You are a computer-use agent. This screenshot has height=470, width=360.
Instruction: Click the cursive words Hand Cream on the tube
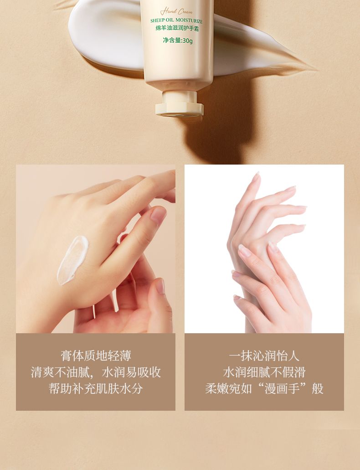[x=176, y=12]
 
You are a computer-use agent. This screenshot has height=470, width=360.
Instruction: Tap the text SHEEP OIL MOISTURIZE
[x=176, y=21]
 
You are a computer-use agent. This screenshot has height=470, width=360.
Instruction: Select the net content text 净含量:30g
[x=178, y=40]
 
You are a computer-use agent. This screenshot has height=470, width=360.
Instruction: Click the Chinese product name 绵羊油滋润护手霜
[x=177, y=29]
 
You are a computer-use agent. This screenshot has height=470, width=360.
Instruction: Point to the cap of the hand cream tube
[x=179, y=104]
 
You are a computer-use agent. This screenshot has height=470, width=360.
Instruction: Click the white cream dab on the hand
[x=73, y=260]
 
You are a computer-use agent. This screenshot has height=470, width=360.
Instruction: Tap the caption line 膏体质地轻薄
[x=96, y=356]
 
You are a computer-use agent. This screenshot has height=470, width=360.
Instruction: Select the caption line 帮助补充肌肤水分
[x=96, y=388]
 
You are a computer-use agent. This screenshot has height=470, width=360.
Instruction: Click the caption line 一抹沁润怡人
[x=264, y=356]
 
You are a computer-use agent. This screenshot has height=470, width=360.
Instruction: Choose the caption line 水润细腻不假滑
[x=264, y=372]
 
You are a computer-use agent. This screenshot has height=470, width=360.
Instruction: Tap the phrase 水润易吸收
[x=131, y=372]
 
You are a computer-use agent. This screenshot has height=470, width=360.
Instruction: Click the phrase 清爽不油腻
[x=60, y=372]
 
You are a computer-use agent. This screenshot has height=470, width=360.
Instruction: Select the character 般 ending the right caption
[x=318, y=388]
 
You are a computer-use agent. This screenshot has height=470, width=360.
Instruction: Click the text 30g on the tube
[x=188, y=41]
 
